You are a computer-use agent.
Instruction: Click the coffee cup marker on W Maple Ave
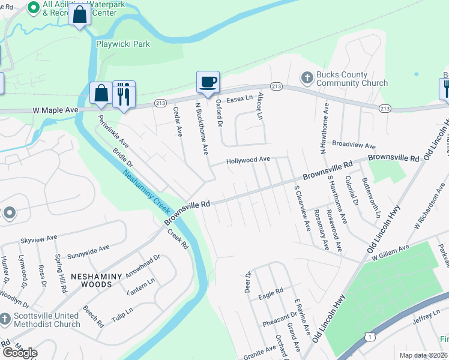coord(208,83)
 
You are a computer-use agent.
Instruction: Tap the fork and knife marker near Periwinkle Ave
coord(124,93)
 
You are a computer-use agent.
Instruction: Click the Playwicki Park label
coord(123,44)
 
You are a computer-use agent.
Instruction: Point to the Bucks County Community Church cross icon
coord(306,77)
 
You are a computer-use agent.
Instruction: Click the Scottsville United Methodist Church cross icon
coord(5,318)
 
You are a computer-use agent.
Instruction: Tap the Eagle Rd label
coord(271,293)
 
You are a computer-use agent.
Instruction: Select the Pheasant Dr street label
coord(280,320)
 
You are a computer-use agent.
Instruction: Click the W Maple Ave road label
coord(56,111)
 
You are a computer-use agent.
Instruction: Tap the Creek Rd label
coord(178,239)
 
